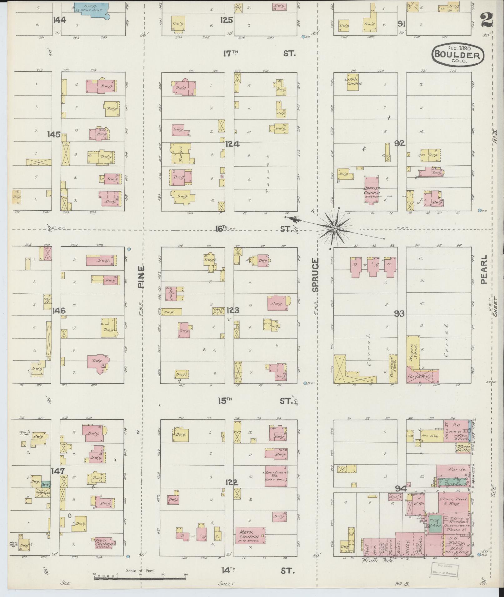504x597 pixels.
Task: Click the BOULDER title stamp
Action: [458, 55]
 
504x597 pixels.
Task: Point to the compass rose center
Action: [335, 228]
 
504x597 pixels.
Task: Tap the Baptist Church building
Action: [372, 189]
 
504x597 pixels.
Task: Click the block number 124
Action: [232, 144]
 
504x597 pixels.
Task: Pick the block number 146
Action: [59, 311]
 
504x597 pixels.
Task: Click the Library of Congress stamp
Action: [444, 570]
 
